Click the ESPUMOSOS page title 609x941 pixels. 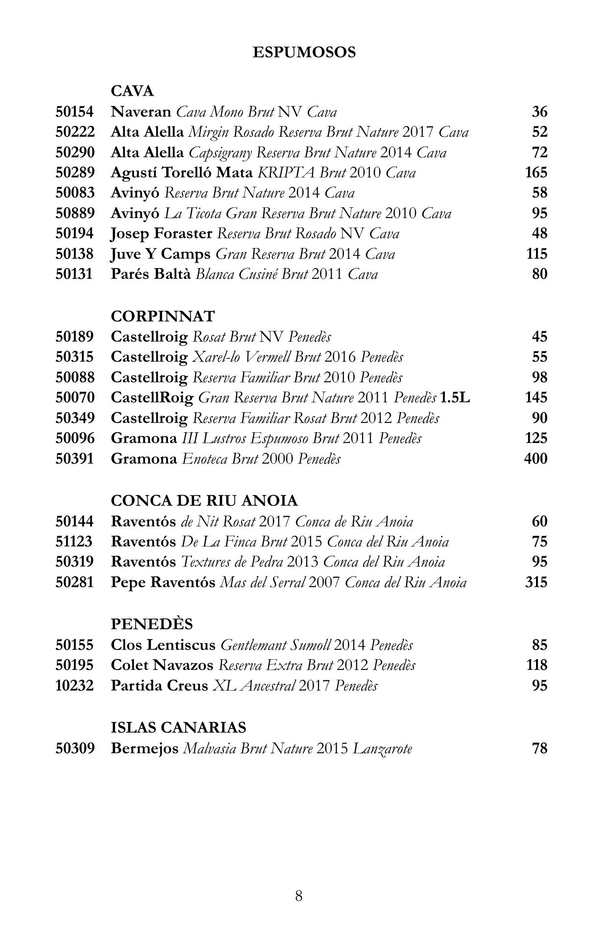pyautogui.click(x=304, y=52)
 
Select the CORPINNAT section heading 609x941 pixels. pyautogui.click(x=163, y=317)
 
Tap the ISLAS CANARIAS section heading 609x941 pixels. pyautogui.click(x=178, y=727)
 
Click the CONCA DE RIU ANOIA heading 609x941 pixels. pyautogui.click(x=204, y=501)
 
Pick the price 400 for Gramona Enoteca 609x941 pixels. pyautogui.click(x=536, y=459)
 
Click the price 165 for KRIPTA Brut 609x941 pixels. pyautogui.click(x=536, y=173)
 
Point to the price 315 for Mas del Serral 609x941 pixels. pyautogui.click(x=536, y=582)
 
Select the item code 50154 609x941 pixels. pyautogui.click(x=74, y=112)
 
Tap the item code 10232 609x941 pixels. pyautogui.click(x=74, y=685)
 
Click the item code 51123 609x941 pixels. pyautogui.click(x=74, y=542)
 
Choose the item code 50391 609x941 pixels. pyautogui.click(x=74, y=459)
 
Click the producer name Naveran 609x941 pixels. pyautogui.click(x=141, y=112)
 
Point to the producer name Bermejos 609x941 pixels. pyautogui.click(x=145, y=748)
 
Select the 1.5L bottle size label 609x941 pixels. pyautogui.click(x=455, y=397)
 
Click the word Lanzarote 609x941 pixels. pyautogui.click(x=382, y=749)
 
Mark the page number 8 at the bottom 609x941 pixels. pyautogui.click(x=299, y=896)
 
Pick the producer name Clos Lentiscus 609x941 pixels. pyautogui.click(x=163, y=645)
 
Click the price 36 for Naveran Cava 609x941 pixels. pyautogui.click(x=539, y=112)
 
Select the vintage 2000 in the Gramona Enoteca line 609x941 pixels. pyautogui.click(x=277, y=459)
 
